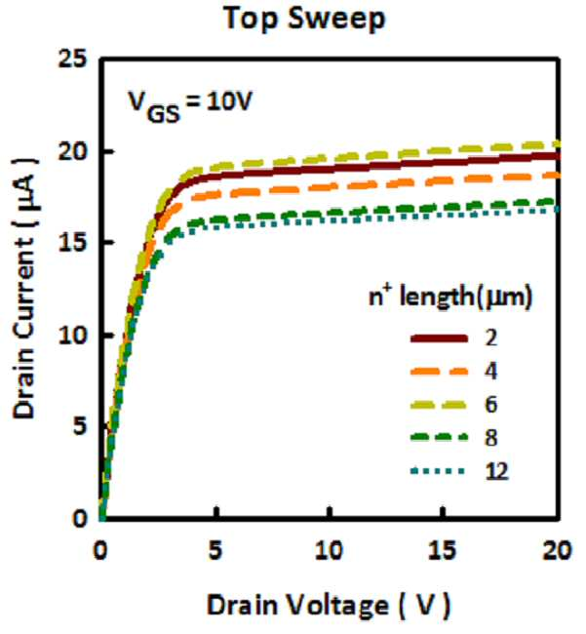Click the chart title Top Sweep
tap(305, 20)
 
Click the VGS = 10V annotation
tap(190, 106)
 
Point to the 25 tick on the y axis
tap(72, 59)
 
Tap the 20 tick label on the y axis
tap(72, 150)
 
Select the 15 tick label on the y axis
tap(72, 243)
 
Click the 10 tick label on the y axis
tap(72, 335)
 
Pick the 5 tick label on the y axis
tap(80, 426)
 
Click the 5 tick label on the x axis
tap(215, 550)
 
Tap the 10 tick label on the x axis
tap(330, 550)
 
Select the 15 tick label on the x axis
tap(443, 550)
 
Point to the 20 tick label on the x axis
tap(558, 550)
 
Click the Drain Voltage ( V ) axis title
tap(329, 606)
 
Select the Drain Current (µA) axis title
tap(25, 288)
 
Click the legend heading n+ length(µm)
tap(450, 297)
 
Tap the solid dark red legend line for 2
tap(439, 338)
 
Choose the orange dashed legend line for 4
tap(439, 372)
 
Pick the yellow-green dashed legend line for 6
tap(439, 405)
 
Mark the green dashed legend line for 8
tap(439, 438)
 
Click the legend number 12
tap(496, 471)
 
